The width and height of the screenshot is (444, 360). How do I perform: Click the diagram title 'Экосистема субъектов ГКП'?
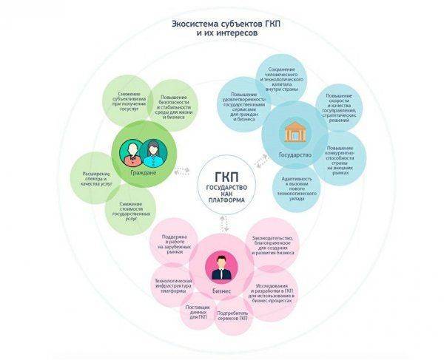(x=221, y=23)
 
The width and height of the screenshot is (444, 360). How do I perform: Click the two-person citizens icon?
(x=138, y=151)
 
